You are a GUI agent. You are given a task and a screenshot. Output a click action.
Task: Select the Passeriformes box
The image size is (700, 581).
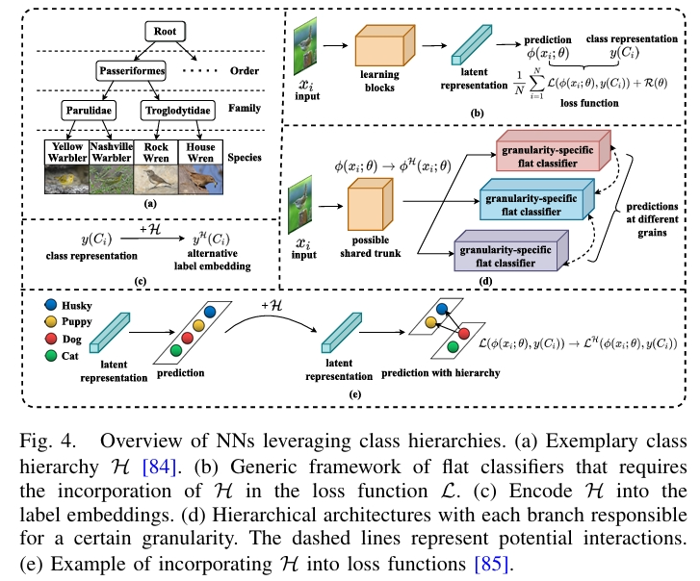tap(133, 71)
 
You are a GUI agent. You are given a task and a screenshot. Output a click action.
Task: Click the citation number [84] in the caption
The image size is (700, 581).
tap(157, 467)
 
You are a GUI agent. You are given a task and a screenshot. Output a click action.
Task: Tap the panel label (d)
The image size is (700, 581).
tap(486, 282)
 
